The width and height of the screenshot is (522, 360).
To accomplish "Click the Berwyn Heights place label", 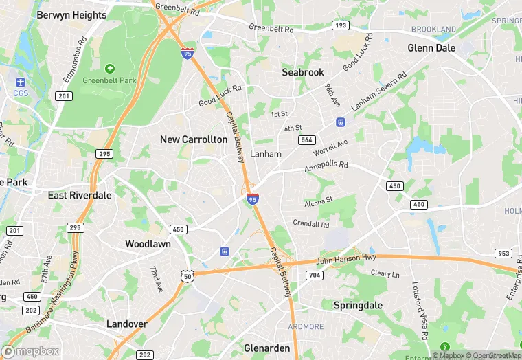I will click(71, 14).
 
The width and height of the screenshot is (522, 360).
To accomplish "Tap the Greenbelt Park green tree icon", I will click(109, 69).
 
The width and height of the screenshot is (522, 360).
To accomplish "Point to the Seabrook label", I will click(303, 71).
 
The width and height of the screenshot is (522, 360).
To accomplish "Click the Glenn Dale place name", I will click(431, 48).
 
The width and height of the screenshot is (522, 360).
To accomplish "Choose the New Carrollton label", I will click(193, 139).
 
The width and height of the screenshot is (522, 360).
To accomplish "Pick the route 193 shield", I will click(339, 25).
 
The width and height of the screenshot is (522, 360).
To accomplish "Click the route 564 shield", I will click(307, 139).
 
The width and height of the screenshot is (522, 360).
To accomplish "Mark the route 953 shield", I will click(503, 253).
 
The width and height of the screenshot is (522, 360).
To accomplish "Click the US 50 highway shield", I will click(186, 275).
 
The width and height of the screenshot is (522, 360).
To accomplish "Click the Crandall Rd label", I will click(311, 224).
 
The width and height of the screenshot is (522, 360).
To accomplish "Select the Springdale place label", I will click(357, 304).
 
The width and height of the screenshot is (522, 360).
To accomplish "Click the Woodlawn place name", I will click(148, 243).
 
